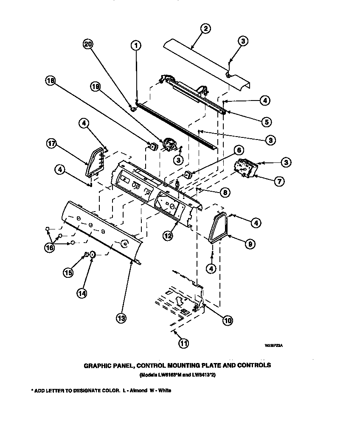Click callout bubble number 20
click(x=88, y=45)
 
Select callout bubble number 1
click(x=136, y=45)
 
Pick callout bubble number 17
click(x=51, y=143)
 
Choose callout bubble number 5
click(x=266, y=122)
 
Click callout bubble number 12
click(x=168, y=236)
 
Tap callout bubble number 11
click(x=183, y=344)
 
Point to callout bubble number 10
click(x=227, y=321)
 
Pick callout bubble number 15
click(x=68, y=273)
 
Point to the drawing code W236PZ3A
click(x=274, y=346)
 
